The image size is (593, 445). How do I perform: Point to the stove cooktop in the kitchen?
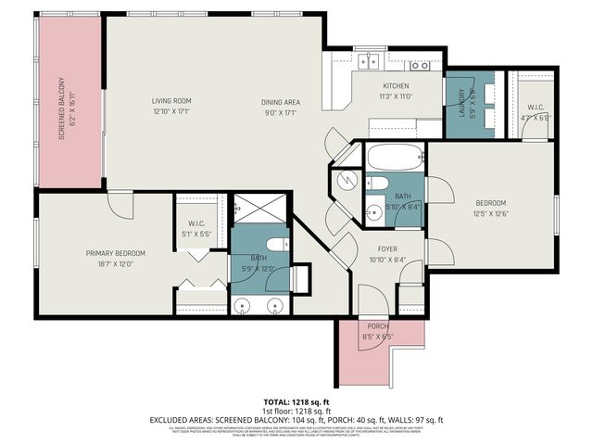pyautogui.click(x=420, y=65)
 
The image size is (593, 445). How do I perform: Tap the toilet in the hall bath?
pyautogui.click(x=379, y=182)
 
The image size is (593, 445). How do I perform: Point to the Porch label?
pyautogui.click(x=377, y=325)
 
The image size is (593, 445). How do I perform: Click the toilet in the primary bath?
pyautogui.click(x=282, y=245)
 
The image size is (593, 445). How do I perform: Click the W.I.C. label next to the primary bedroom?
pyautogui.click(x=196, y=222)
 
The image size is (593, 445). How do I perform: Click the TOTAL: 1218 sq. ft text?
pyautogui.click(x=296, y=401)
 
